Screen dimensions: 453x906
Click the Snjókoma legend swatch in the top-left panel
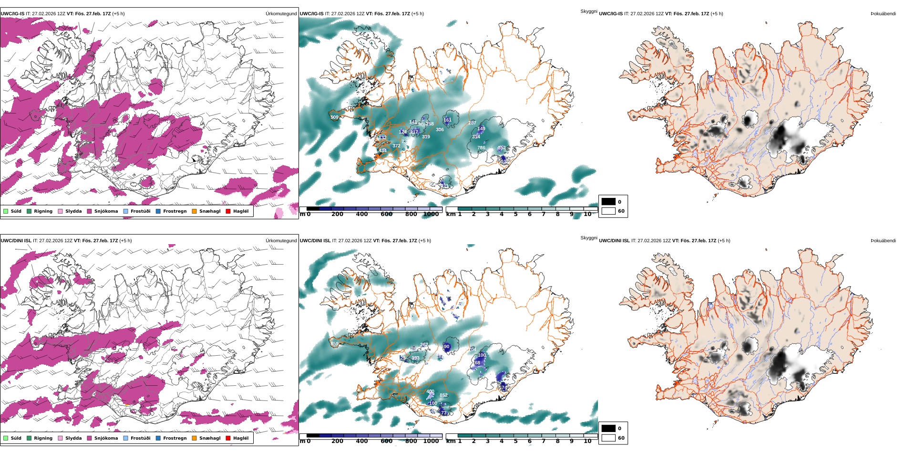tap(89, 211)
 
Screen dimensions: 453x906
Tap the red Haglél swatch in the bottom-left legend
tap(228, 438)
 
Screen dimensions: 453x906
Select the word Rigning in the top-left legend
tap(43, 211)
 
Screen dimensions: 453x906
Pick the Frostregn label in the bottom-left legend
tap(175, 438)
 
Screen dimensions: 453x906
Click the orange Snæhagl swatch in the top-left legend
tap(194, 211)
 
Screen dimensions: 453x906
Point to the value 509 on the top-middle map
tap(334, 117)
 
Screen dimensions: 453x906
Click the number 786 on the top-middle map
tap(481, 148)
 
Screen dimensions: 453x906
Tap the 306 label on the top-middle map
tap(440, 130)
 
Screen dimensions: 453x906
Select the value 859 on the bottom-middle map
tap(334, 344)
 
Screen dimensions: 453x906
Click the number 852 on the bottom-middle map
tap(443, 395)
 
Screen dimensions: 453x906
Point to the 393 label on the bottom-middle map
tap(415, 358)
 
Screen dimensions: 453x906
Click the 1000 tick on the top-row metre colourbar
tap(431, 214)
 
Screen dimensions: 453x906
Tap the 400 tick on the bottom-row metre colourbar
tap(362, 441)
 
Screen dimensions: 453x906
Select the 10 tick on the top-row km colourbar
tap(587, 214)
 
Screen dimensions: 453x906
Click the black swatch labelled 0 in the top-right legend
tap(608, 202)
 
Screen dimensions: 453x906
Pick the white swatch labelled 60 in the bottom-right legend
tap(608, 438)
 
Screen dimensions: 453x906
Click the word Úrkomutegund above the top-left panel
tap(281, 14)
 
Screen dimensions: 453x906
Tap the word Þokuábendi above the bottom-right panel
tap(883, 241)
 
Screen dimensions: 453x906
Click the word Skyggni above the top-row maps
tap(588, 11)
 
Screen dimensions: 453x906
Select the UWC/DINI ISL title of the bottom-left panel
tap(16, 241)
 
